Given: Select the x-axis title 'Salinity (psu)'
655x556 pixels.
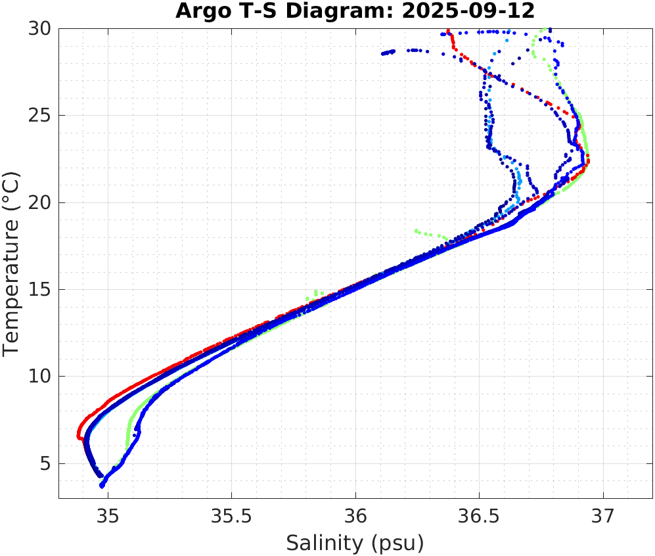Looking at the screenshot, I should (355, 543).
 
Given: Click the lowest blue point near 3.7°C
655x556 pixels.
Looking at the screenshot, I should (102, 486).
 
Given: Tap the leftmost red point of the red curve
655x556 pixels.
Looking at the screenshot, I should (78, 434).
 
